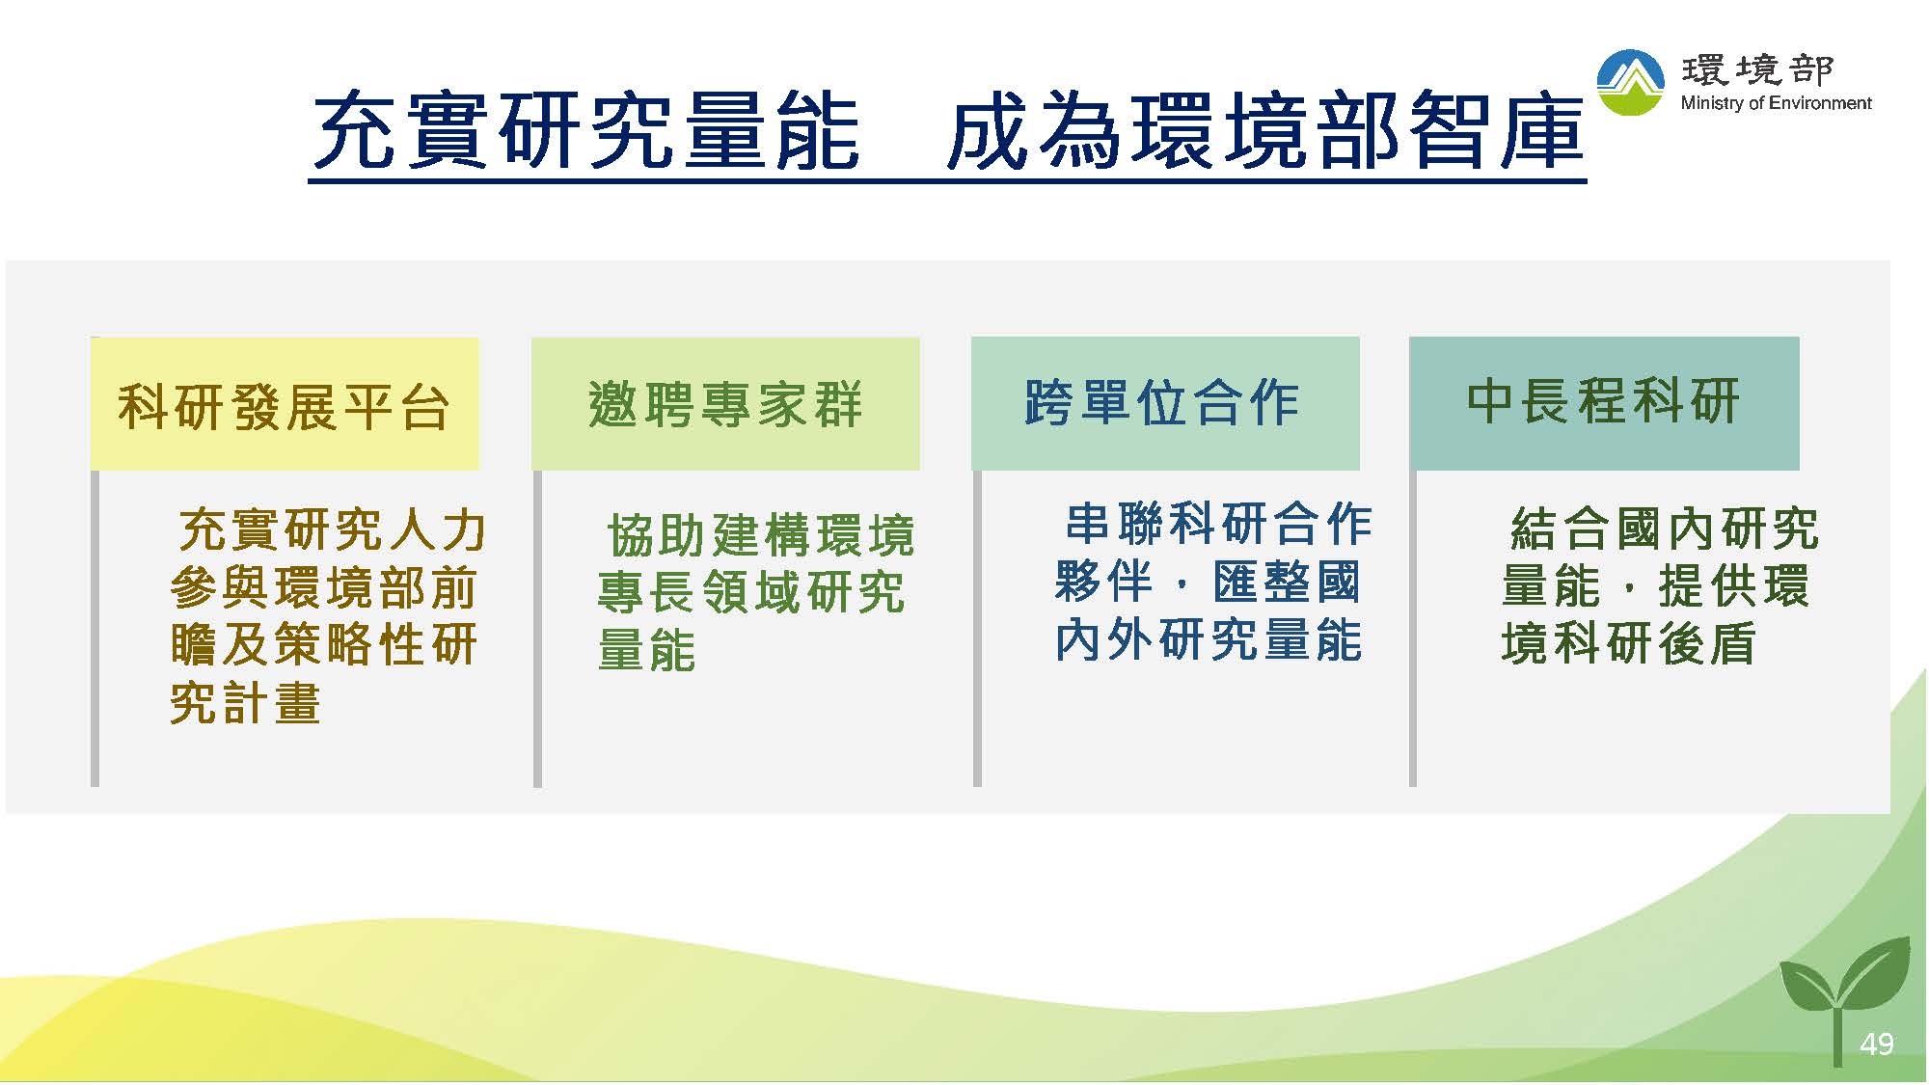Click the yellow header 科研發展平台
285,403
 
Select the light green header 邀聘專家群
725,403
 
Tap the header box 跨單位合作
1165,403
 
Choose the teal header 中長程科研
1604,403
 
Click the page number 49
1876,1044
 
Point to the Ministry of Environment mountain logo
1630,83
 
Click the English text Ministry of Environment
1776,103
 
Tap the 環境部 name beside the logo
1757,69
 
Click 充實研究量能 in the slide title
586,132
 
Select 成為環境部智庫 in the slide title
1265,132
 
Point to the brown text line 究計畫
245,702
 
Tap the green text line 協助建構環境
761,535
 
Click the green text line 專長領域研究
751,592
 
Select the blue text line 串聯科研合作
1218,525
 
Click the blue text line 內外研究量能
1209,640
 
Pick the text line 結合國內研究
1665,529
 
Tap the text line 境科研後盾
1628,643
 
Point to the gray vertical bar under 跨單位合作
977,628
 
